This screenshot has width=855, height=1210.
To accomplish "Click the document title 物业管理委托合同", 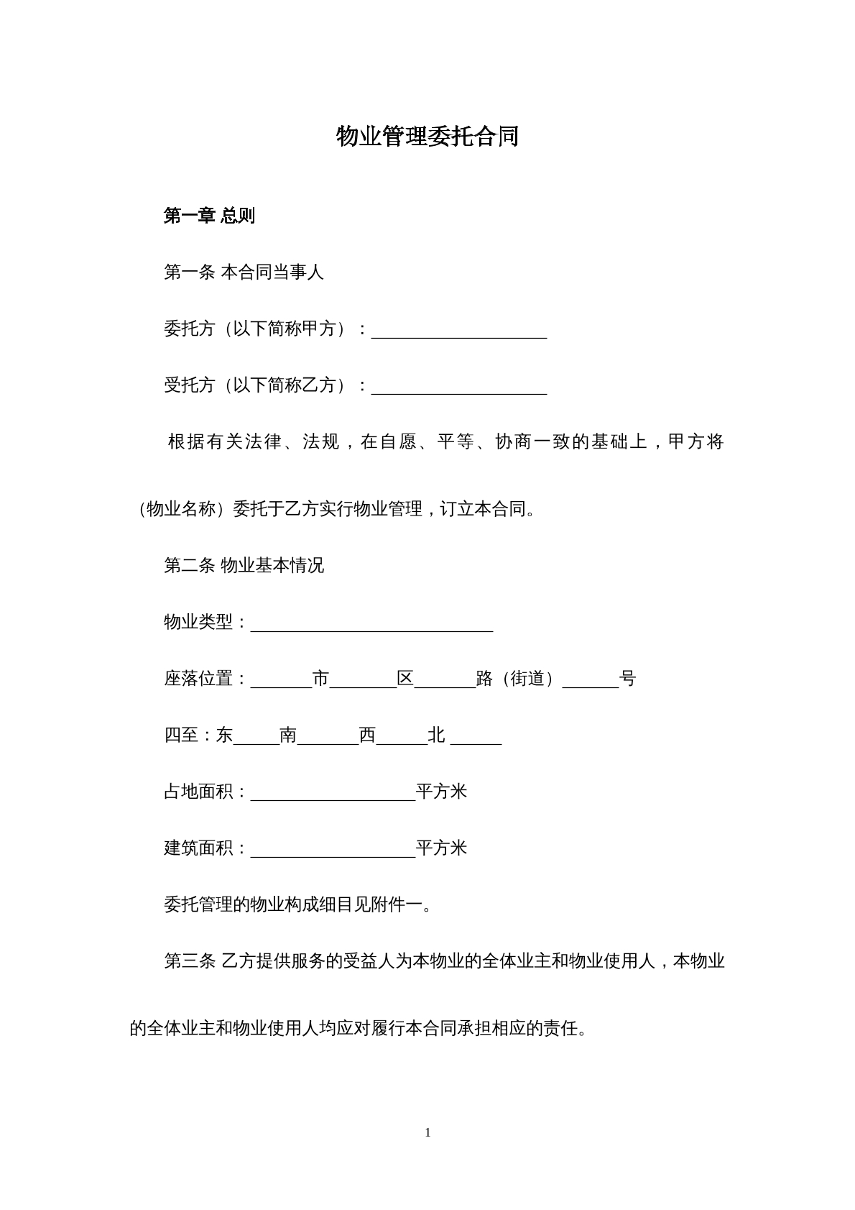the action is tap(427, 136).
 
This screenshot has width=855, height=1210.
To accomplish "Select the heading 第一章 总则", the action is tap(209, 216).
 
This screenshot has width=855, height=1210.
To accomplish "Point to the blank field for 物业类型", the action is tap(371, 623).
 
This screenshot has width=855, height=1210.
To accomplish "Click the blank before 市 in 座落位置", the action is tap(281, 679).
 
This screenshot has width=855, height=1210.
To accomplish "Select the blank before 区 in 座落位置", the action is tap(363, 679).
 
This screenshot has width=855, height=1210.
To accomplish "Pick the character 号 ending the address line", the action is tap(627, 679).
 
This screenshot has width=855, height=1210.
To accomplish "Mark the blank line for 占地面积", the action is tap(333, 792).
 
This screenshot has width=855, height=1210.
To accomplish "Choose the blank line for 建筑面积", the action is tap(333, 848).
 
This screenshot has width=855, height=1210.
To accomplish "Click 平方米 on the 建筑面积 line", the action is tap(441, 848).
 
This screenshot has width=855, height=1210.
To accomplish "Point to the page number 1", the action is tap(428, 1132).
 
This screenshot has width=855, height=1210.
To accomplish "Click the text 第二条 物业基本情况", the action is tap(244, 566).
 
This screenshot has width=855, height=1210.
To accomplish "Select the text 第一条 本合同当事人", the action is tap(244, 272).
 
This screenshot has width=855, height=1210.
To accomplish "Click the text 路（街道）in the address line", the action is tap(518, 679).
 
